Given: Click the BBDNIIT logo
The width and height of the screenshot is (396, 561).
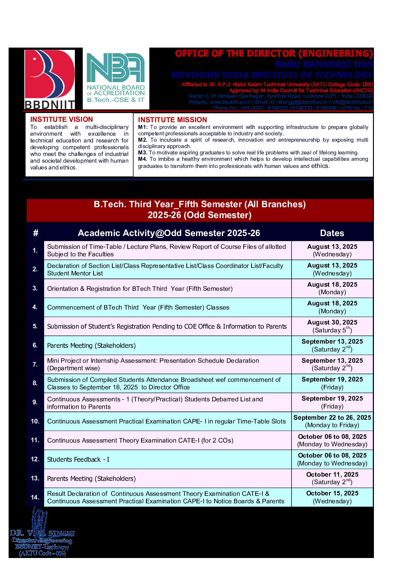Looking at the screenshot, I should click(x=50, y=79).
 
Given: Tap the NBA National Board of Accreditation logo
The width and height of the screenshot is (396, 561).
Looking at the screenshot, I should click(x=116, y=78).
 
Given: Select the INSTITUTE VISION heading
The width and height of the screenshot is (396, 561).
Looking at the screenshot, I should click(x=61, y=120).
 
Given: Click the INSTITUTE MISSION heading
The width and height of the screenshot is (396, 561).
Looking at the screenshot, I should click(x=172, y=120).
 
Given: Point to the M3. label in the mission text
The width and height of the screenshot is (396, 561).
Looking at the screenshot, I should click(x=142, y=153).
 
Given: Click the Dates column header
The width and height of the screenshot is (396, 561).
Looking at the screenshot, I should click(x=332, y=233).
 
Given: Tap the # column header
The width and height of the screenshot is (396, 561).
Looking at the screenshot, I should click(x=36, y=233).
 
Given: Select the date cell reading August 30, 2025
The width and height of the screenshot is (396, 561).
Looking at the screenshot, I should click(x=332, y=326).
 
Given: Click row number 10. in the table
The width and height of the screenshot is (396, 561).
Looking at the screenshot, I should click(x=35, y=421).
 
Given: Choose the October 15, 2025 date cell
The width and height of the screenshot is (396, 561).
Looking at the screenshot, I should click(x=332, y=497).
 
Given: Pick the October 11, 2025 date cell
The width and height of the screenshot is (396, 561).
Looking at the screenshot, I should click(x=332, y=478).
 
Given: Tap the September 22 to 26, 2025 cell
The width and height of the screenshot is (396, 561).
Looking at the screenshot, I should click(x=332, y=421).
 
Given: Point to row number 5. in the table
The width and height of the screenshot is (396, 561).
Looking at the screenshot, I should click(x=35, y=326).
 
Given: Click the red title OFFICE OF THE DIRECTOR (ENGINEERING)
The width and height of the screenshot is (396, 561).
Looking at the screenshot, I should click(x=274, y=54).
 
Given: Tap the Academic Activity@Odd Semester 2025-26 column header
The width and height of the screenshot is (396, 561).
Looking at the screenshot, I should click(x=169, y=233).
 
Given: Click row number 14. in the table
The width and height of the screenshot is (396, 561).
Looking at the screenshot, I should click(x=35, y=497).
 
